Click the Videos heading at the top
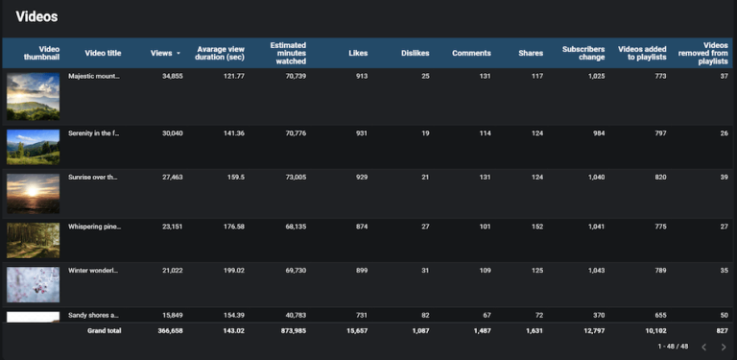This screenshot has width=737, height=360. pyautogui.click(x=36, y=16)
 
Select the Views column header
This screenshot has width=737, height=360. pyautogui.click(x=161, y=53)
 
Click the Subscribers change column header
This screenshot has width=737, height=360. pyautogui.click(x=583, y=53)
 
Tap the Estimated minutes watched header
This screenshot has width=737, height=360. pyautogui.click(x=288, y=53)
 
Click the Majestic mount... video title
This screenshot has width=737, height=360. pyautogui.click(x=94, y=76)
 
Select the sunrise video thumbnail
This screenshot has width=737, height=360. pyautogui.click(x=33, y=193)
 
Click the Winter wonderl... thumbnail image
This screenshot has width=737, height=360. pyautogui.click(x=33, y=285)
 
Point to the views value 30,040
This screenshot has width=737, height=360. pyautogui.click(x=167, y=133)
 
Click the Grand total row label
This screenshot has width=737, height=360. pyautogui.click(x=105, y=330)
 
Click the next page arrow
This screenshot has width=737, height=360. pyautogui.click(x=724, y=347)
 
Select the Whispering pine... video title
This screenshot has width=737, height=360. pyautogui.click(x=94, y=227)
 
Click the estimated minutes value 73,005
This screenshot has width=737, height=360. pyautogui.click(x=291, y=178)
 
